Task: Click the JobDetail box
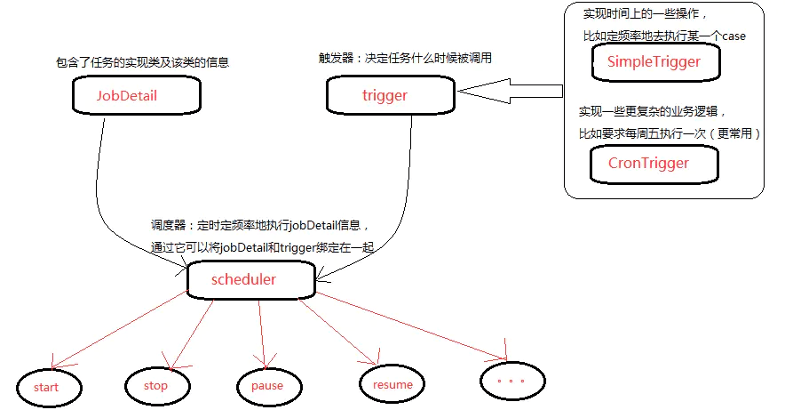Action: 127,95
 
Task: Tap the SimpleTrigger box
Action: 654,62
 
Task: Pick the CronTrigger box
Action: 648,164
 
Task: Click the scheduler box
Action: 243,279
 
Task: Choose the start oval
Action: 47,387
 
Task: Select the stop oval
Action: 155,385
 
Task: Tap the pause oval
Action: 266,385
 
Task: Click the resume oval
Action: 392,384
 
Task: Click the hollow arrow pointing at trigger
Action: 511,89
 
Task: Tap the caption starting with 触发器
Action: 405,58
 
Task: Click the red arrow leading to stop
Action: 191,334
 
